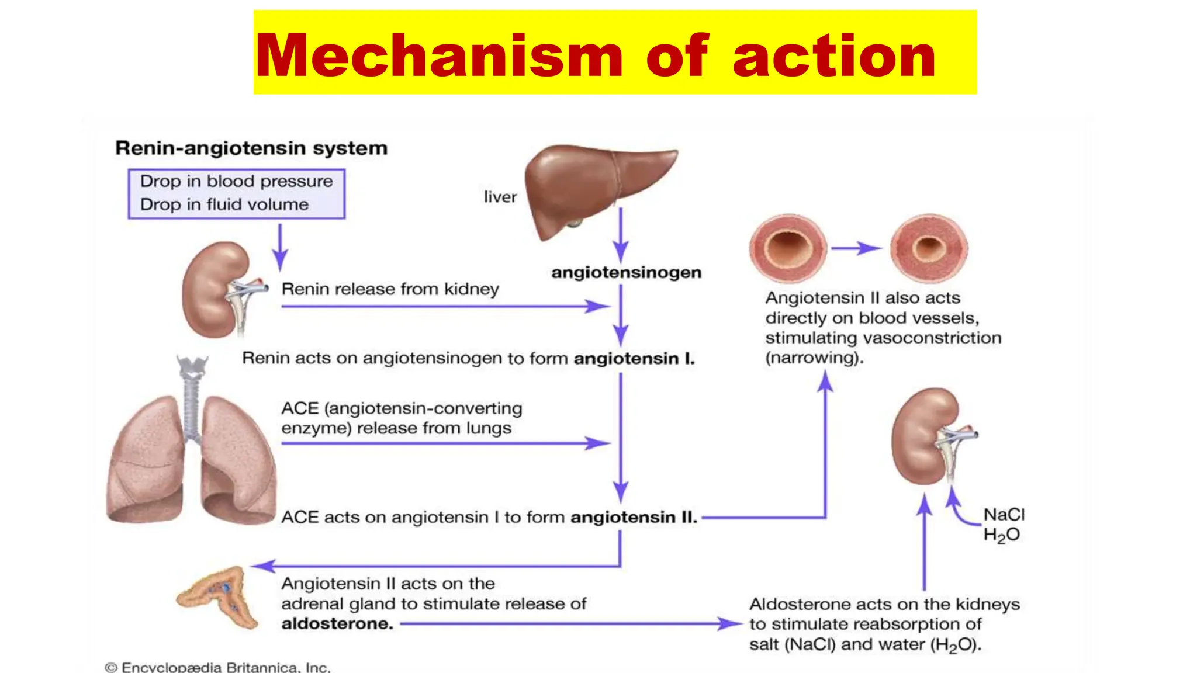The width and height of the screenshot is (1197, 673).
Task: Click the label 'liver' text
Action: [500, 197]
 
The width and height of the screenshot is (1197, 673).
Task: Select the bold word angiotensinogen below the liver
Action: [626, 272]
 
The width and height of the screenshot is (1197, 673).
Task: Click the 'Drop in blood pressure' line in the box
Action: [236, 181]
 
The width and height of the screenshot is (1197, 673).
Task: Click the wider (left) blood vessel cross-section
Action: [787, 248]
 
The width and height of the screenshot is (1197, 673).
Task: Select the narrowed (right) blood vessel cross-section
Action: [929, 248]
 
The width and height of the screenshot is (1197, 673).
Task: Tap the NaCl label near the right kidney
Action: [1004, 515]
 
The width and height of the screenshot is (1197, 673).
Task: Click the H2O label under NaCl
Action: [1001, 535]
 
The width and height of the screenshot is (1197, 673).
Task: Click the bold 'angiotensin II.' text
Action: [634, 518]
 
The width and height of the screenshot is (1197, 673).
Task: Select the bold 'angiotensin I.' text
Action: [634, 358]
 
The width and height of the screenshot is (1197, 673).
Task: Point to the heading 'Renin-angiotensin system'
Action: [251, 148]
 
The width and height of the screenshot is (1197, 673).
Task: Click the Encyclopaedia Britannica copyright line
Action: [217, 667]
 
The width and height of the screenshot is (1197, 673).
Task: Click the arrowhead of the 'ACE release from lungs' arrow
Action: [599, 443]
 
